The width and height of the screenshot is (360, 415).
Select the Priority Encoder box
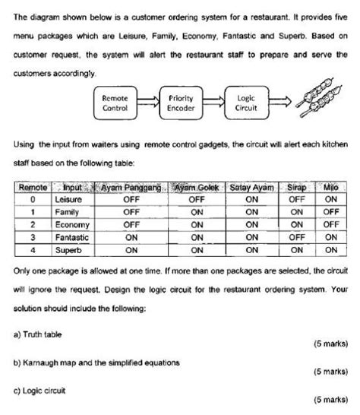(181, 103)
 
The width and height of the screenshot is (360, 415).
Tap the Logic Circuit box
(246, 103)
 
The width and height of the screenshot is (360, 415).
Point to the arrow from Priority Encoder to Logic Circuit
(213, 103)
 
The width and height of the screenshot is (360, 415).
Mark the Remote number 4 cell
(33, 249)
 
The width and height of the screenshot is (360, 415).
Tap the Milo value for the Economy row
(330, 224)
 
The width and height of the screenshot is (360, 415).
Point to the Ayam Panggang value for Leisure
(131, 200)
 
